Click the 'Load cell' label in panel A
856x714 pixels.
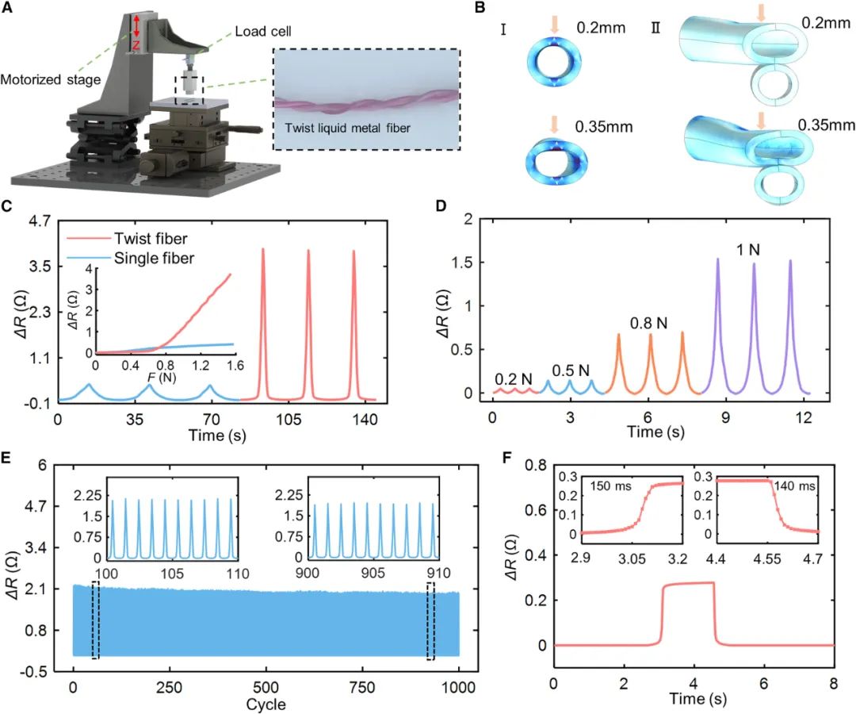(262, 31)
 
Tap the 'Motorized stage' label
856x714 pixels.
(50, 80)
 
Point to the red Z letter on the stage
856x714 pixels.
(136, 47)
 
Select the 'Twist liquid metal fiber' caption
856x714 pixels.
(347, 129)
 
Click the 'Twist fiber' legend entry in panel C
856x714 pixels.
(151, 239)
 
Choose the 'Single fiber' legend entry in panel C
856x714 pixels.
(154, 258)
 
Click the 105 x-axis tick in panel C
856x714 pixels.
(289, 419)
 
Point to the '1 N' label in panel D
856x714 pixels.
(748, 250)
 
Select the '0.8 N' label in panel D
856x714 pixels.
(648, 324)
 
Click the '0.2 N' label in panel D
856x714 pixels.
(513, 379)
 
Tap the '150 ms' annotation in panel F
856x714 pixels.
(610, 486)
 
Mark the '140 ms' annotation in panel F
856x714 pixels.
(794, 486)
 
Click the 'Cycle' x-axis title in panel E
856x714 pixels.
(266, 704)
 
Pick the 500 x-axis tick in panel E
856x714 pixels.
(266, 687)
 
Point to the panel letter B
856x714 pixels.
(480, 8)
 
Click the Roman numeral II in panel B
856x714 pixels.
(655, 27)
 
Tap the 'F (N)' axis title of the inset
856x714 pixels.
(162, 377)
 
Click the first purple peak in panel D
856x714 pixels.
(718, 259)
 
